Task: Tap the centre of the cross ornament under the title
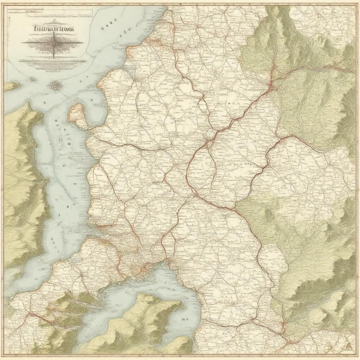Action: (53, 43)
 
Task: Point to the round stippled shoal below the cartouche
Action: (55, 85)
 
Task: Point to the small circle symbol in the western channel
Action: (69, 143)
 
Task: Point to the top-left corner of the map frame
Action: (4, 4)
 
